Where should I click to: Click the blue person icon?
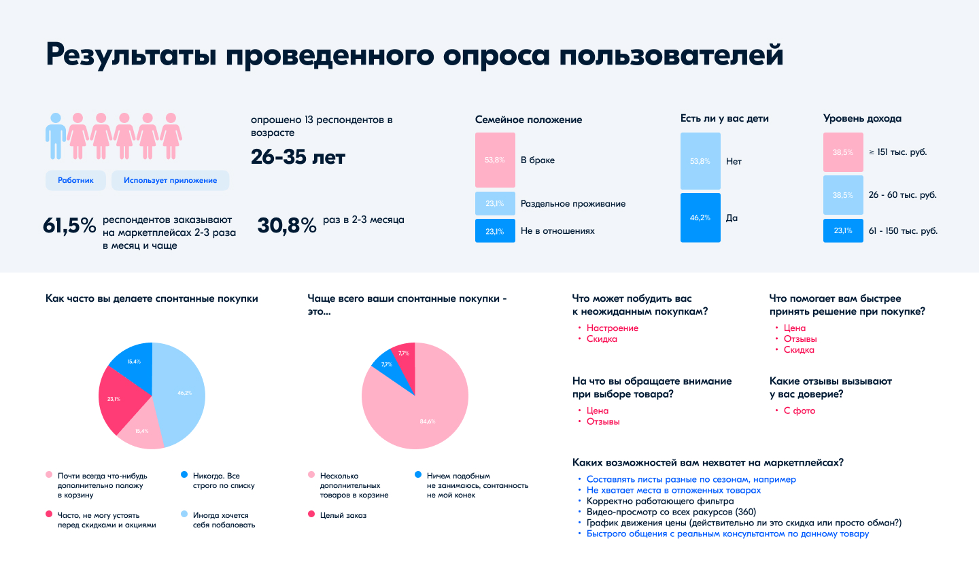[x=56, y=136]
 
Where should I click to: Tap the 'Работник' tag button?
[x=75, y=180]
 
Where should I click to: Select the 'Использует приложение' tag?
[x=170, y=180]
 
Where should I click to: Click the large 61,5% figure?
[x=69, y=226]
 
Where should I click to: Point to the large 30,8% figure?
[x=287, y=226]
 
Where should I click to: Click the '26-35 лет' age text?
[x=298, y=157]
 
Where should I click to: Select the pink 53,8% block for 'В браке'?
[x=495, y=160]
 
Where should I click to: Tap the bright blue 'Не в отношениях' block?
[x=495, y=231]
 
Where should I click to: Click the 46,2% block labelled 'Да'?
[x=700, y=218]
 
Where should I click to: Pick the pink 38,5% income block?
[x=843, y=152]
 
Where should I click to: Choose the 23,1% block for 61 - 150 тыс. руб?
[x=843, y=231]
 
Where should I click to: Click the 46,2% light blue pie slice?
[x=182, y=392]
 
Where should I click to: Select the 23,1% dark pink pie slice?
[x=121, y=399]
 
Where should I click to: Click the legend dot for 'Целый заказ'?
[x=311, y=515]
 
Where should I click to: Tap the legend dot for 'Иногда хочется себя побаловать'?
[x=184, y=515]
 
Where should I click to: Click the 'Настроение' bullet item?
[x=612, y=328]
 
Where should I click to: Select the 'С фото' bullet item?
[x=799, y=411]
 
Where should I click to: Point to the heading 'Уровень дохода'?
[x=862, y=118]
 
